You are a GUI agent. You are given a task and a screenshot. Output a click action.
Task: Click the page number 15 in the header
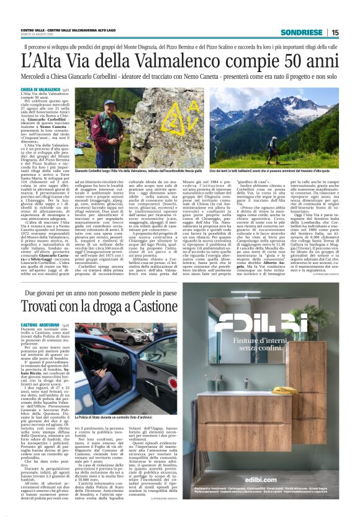(335, 32)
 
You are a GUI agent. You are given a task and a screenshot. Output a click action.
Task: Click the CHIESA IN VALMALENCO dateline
(40, 89)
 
